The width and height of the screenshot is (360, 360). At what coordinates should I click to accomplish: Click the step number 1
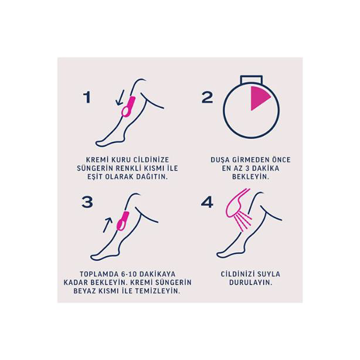(x=87, y=97)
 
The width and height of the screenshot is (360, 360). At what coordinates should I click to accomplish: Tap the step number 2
(x=208, y=97)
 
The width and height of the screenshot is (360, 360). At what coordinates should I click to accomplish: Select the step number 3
(x=87, y=202)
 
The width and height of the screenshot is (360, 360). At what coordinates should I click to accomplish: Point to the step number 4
(x=207, y=202)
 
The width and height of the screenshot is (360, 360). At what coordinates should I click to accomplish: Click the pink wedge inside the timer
(x=259, y=97)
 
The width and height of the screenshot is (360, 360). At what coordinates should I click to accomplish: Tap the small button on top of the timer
(x=251, y=79)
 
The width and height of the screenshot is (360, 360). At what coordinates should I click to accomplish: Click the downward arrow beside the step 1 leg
(x=120, y=97)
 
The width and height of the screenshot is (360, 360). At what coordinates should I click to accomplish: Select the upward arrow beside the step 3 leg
(x=107, y=225)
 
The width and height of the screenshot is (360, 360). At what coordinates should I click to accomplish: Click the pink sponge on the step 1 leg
(x=128, y=107)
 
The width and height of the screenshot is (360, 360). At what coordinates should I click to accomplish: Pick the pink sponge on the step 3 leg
(x=123, y=221)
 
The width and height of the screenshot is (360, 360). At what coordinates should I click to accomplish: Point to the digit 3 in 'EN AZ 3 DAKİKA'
(x=247, y=168)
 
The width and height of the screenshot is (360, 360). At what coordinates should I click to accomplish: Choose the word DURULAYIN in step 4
(x=250, y=283)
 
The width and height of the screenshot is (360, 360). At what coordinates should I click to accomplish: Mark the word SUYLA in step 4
(x=269, y=274)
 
